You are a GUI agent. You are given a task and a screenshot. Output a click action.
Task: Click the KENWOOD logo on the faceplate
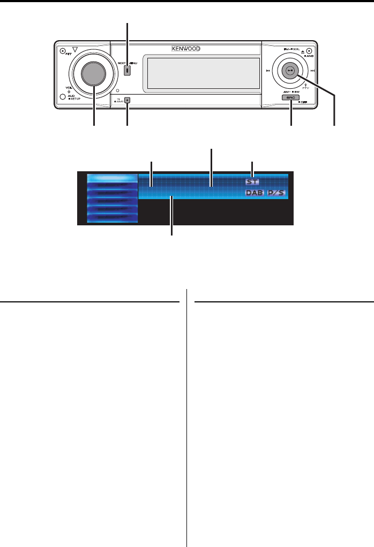[x=186, y=49]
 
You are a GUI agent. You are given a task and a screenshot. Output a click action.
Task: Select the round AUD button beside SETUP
[x=63, y=97]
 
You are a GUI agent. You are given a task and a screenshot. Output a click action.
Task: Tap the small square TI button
[x=128, y=100]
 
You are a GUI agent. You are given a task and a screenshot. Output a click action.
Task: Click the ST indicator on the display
[x=252, y=181]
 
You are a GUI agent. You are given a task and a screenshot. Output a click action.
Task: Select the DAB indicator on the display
[x=255, y=193]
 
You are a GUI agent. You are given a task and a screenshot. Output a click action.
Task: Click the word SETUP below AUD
[x=74, y=100]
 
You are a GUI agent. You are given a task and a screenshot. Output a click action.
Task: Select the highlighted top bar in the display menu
[x=111, y=178]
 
